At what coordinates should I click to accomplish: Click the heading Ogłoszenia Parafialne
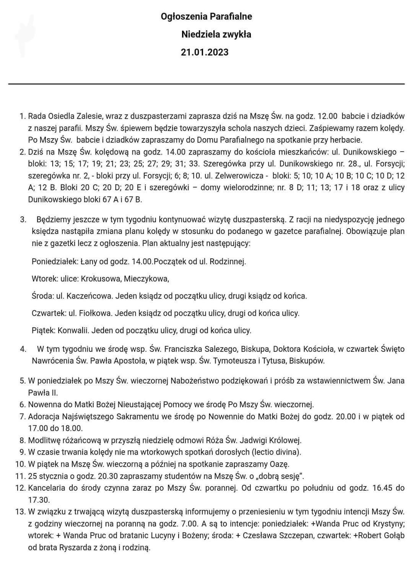(206, 16)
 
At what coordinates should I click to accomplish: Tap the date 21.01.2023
(205, 52)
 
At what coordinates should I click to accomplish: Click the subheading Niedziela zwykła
(216, 34)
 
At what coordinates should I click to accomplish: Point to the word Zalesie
(89, 116)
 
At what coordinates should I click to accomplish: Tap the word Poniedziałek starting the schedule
(55, 261)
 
